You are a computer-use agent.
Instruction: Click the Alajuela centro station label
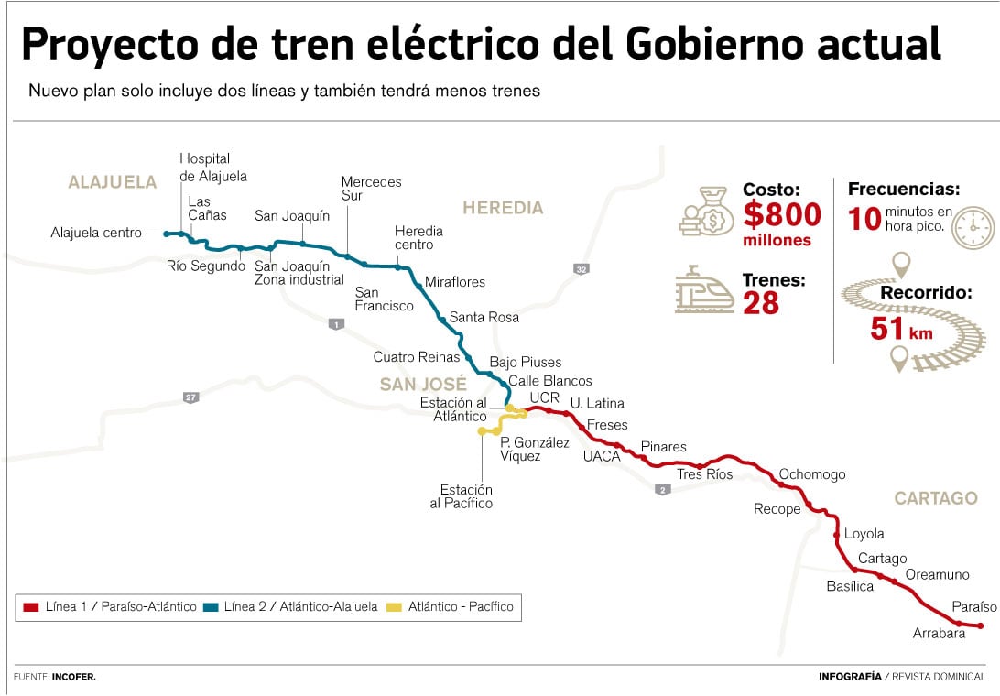[96, 234]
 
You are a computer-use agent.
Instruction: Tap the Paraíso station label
[973, 607]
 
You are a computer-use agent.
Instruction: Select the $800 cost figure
[781, 215]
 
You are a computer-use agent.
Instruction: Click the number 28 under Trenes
[760, 303]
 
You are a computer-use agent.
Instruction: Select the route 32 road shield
[581, 269]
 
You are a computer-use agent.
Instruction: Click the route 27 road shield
[190, 397]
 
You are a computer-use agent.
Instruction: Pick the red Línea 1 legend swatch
[31, 607]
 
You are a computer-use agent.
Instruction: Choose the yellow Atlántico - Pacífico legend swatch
[394, 607]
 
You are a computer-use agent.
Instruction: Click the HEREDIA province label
[503, 208]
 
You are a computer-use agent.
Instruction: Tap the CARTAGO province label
[936, 498]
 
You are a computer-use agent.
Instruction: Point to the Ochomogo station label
[811, 474]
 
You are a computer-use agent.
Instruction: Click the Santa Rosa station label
[484, 317]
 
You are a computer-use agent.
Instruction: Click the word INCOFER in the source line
[74, 677]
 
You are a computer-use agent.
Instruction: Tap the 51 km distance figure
[901, 329]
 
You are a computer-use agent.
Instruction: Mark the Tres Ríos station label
[704, 474]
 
